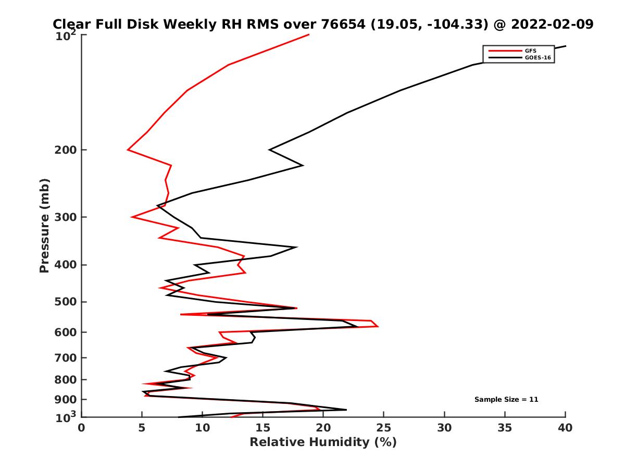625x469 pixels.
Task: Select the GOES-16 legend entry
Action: (537, 58)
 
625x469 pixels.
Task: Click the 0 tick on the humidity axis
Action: (81, 428)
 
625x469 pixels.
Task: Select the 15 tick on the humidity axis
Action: (262, 428)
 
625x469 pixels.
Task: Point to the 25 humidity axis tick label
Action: (384, 428)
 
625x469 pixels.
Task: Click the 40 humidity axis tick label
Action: (565, 428)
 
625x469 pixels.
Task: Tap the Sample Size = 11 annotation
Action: (506, 400)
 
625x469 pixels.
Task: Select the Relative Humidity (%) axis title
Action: (323, 442)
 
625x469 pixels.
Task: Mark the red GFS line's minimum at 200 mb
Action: (128, 150)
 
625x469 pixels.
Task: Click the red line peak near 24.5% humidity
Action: (378, 326)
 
